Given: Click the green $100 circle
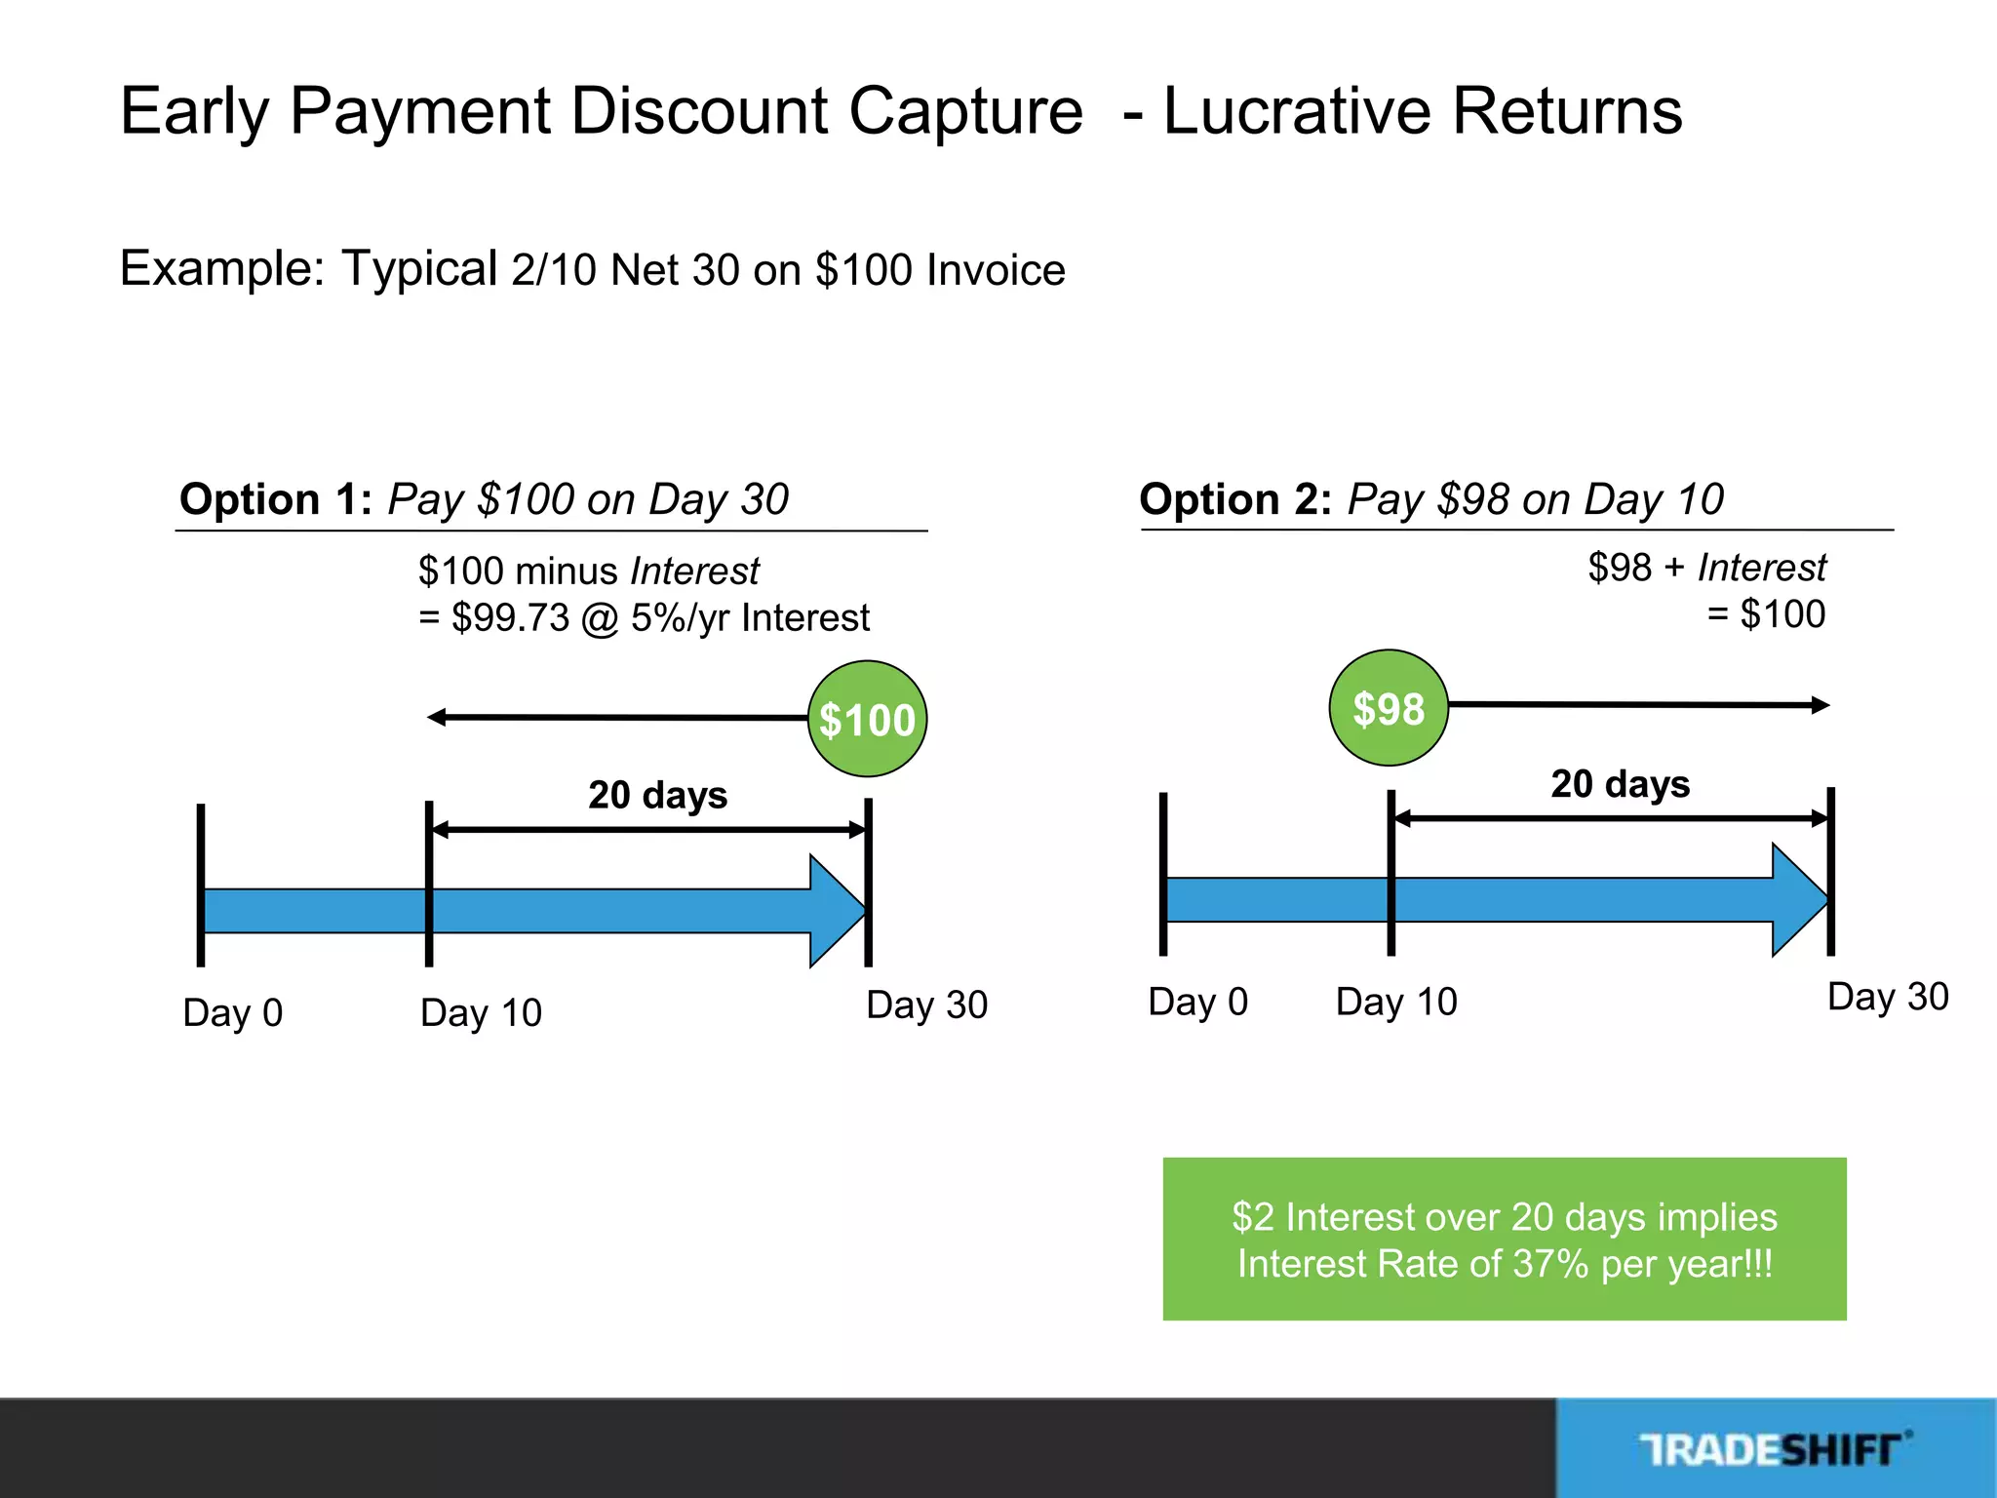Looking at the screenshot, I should (x=867, y=719).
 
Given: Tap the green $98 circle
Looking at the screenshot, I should (x=1389, y=708).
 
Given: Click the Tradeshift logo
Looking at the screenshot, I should (x=1775, y=1449).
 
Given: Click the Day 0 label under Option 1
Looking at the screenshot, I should (x=232, y=1012).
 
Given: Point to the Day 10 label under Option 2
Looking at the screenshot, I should (x=1395, y=1002).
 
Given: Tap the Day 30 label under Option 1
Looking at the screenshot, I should (x=926, y=1005).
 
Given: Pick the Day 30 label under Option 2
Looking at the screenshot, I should (x=1887, y=997).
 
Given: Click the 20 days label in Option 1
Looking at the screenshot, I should (x=657, y=795).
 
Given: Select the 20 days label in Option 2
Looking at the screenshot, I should (x=1620, y=784).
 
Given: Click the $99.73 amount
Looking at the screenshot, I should (x=510, y=618).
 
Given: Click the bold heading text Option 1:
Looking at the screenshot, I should (x=276, y=499).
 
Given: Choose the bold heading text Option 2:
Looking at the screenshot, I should (x=1235, y=499).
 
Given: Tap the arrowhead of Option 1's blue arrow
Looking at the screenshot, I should (x=839, y=911).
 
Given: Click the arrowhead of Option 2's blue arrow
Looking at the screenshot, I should (x=1801, y=899).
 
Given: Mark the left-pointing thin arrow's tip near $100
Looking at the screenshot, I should (x=432, y=718).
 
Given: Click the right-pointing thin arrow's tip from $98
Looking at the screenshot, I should (x=1825, y=705).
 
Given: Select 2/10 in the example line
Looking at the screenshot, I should (x=553, y=270).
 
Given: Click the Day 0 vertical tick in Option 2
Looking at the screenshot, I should (x=1163, y=874).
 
